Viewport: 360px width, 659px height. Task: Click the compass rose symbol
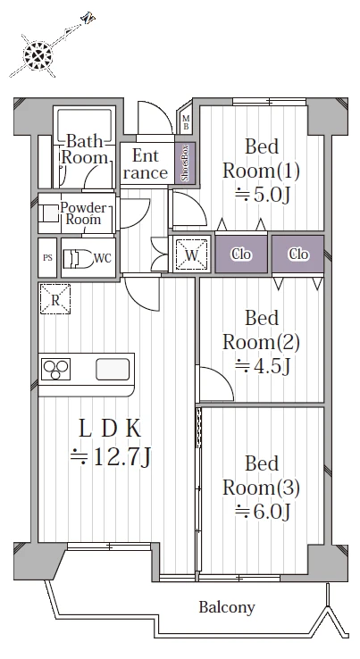pyautogui.click(x=38, y=55)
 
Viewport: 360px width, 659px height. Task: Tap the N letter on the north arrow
pyautogui.click(x=88, y=18)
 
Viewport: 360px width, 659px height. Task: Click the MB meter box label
pyautogui.click(x=186, y=122)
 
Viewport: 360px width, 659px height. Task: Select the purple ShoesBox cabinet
pyautogui.click(x=185, y=163)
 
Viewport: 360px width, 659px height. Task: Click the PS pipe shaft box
pyautogui.click(x=47, y=258)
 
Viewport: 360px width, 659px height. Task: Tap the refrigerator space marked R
pyautogui.click(x=55, y=299)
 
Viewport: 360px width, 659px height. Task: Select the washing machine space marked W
pyautogui.click(x=192, y=254)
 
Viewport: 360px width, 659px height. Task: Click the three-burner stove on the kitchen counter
pyautogui.click(x=56, y=370)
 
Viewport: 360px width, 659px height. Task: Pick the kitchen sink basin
pyautogui.click(x=113, y=370)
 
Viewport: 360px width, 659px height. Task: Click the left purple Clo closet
pyautogui.click(x=241, y=254)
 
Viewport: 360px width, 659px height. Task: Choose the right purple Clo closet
pyautogui.click(x=298, y=254)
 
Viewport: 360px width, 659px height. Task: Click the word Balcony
pyautogui.click(x=227, y=608)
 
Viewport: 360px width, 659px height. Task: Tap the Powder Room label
pyautogui.click(x=83, y=213)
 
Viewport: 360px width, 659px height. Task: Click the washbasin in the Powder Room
pyautogui.click(x=51, y=213)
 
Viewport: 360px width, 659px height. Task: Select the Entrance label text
pyautogui.click(x=146, y=164)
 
